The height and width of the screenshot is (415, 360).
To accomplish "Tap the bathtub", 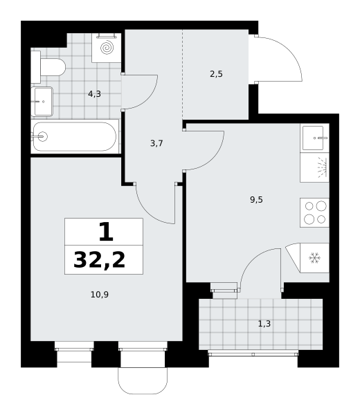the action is click(75, 136).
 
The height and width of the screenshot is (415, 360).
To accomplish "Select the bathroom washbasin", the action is click(42, 102).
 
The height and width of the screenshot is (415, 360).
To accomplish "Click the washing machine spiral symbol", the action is click(107, 48).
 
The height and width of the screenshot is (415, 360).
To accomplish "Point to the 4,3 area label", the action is click(95, 93).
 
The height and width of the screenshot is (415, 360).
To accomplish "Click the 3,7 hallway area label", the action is click(156, 143).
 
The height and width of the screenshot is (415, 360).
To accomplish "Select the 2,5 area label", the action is click(216, 74).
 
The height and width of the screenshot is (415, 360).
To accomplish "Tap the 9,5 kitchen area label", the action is click(256, 200).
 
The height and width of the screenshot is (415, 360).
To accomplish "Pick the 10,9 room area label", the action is click(100, 295).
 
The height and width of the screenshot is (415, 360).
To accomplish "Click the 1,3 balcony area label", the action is click(264, 324).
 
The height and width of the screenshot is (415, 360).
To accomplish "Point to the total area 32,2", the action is click(99, 260).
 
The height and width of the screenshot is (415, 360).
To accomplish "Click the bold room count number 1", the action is click(106, 232).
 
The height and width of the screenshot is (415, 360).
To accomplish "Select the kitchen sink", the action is click(315, 138).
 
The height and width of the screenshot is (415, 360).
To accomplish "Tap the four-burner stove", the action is click(314, 212).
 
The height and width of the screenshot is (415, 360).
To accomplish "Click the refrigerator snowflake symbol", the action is click(315, 258).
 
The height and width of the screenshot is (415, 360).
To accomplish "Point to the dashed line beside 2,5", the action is click(183, 75).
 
